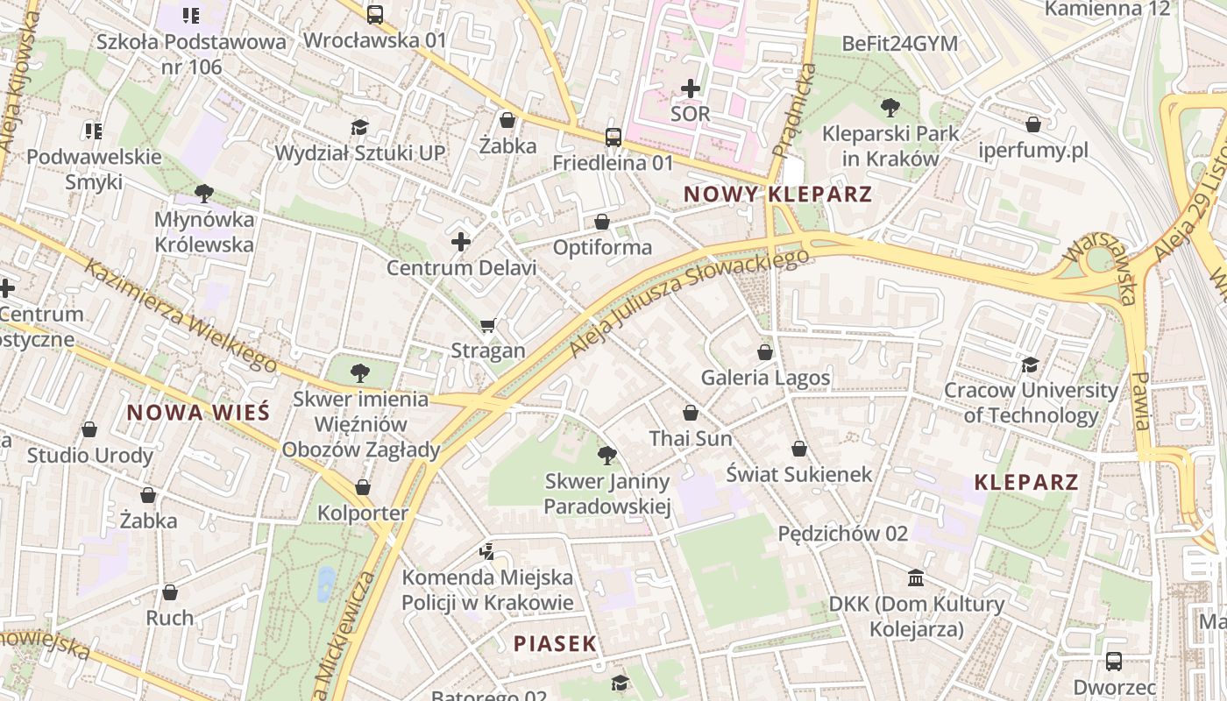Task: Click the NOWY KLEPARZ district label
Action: click(777, 194)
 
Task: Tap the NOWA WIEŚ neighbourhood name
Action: click(198, 412)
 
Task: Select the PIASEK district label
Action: click(555, 643)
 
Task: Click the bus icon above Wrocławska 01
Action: click(375, 14)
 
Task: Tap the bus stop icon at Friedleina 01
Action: click(613, 137)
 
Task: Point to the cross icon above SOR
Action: click(691, 88)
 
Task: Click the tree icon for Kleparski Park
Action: click(890, 108)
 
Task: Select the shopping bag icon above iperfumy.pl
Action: click(1033, 124)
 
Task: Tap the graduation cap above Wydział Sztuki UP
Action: click(359, 127)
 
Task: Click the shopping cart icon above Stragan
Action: click(488, 325)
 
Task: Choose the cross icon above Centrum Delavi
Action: click(461, 241)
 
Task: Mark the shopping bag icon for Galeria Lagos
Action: click(765, 351)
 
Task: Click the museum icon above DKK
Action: click(917, 577)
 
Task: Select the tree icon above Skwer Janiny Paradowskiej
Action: click(606, 455)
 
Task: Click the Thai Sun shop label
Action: click(691, 438)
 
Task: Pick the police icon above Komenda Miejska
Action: click(487, 551)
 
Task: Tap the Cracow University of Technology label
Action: click(1031, 402)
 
